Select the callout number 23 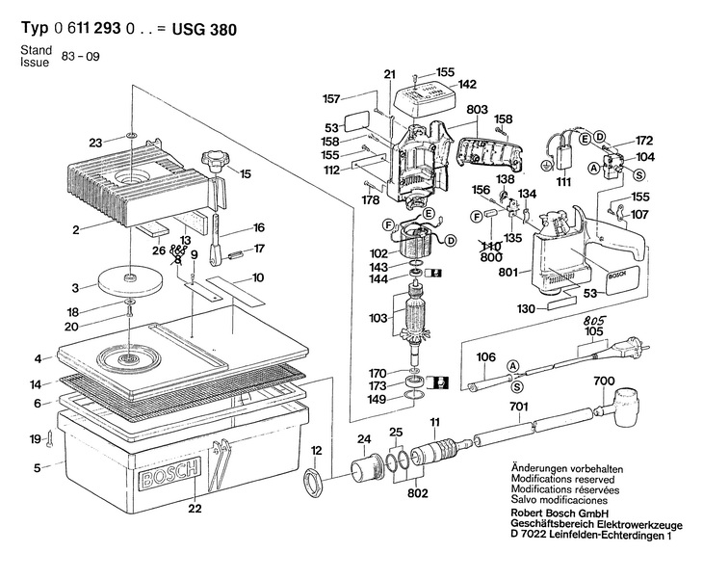(95, 143)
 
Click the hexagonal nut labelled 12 (313, 481)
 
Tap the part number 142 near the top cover (467, 84)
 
